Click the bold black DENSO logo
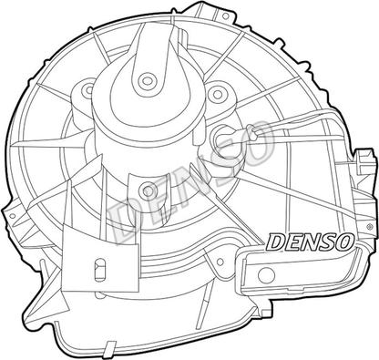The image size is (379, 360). click(310, 242)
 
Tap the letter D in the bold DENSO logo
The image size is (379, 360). click(275, 242)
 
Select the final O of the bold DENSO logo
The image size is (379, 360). click(344, 242)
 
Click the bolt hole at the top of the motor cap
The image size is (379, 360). click(148, 80)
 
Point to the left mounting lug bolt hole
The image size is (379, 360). click(89, 89)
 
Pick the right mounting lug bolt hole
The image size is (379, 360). click(218, 94)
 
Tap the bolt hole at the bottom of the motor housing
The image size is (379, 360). click(148, 190)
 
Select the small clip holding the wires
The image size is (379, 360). click(252, 133)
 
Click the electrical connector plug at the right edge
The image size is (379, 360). click(364, 161)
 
